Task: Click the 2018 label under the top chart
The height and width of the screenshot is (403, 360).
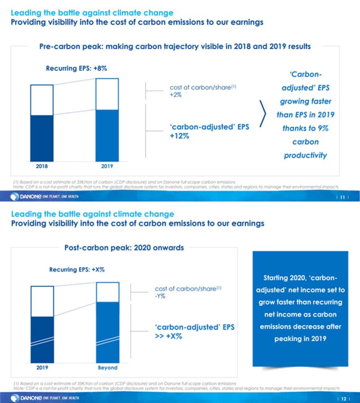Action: click(41, 166)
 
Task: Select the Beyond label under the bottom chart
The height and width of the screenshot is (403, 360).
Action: click(108, 367)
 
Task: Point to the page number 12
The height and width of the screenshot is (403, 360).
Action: click(343, 398)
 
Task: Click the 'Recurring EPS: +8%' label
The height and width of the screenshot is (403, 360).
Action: click(76, 68)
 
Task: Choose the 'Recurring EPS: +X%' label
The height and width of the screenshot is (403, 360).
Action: click(76, 270)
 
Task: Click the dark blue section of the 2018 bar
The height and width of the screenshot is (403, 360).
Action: click(42, 137)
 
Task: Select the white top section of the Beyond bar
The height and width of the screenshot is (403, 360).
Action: click(108, 292)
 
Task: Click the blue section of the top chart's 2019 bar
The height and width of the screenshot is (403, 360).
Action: click(108, 135)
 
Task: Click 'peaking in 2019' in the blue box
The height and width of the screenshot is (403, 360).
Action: click(297, 338)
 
